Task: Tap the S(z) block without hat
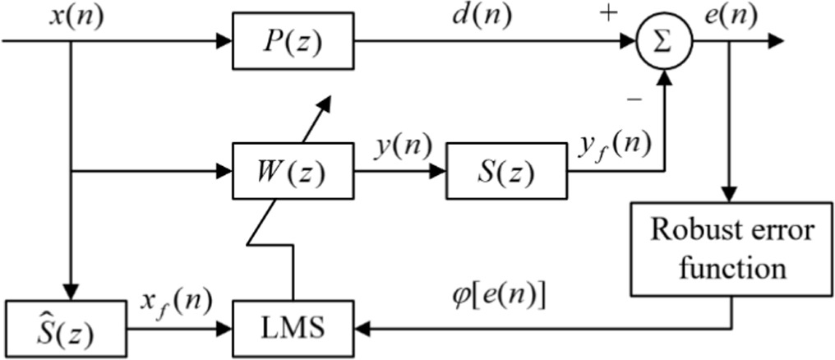(x=505, y=172)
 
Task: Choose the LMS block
(x=293, y=327)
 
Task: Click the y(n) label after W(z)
(x=399, y=145)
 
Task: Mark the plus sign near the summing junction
(x=609, y=15)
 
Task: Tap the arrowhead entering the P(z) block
(x=224, y=42)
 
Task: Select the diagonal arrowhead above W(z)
(x=325, y=104)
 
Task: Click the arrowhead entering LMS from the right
(x=362, y=327)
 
